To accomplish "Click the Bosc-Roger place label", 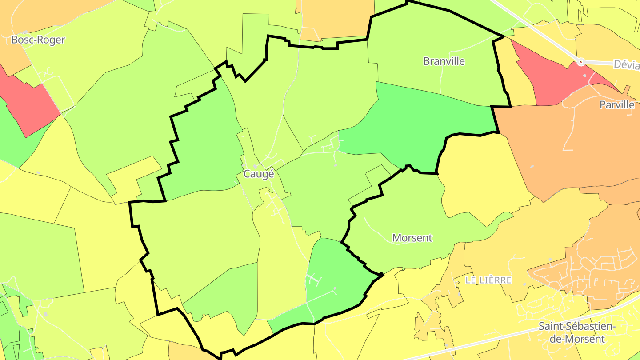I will tap(38, 40).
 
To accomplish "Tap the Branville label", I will tap(444, 61).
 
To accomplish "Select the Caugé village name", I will tap(259, 174).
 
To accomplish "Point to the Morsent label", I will tap(412, 238).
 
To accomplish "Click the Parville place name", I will tap(617, 105).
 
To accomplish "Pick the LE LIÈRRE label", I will tap(488, 280).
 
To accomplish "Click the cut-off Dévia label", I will tap(626, 64).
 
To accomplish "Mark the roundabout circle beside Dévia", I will tap(580, 63).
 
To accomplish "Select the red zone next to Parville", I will tap(556, 80).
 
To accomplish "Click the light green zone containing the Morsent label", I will tap(400, 213).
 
